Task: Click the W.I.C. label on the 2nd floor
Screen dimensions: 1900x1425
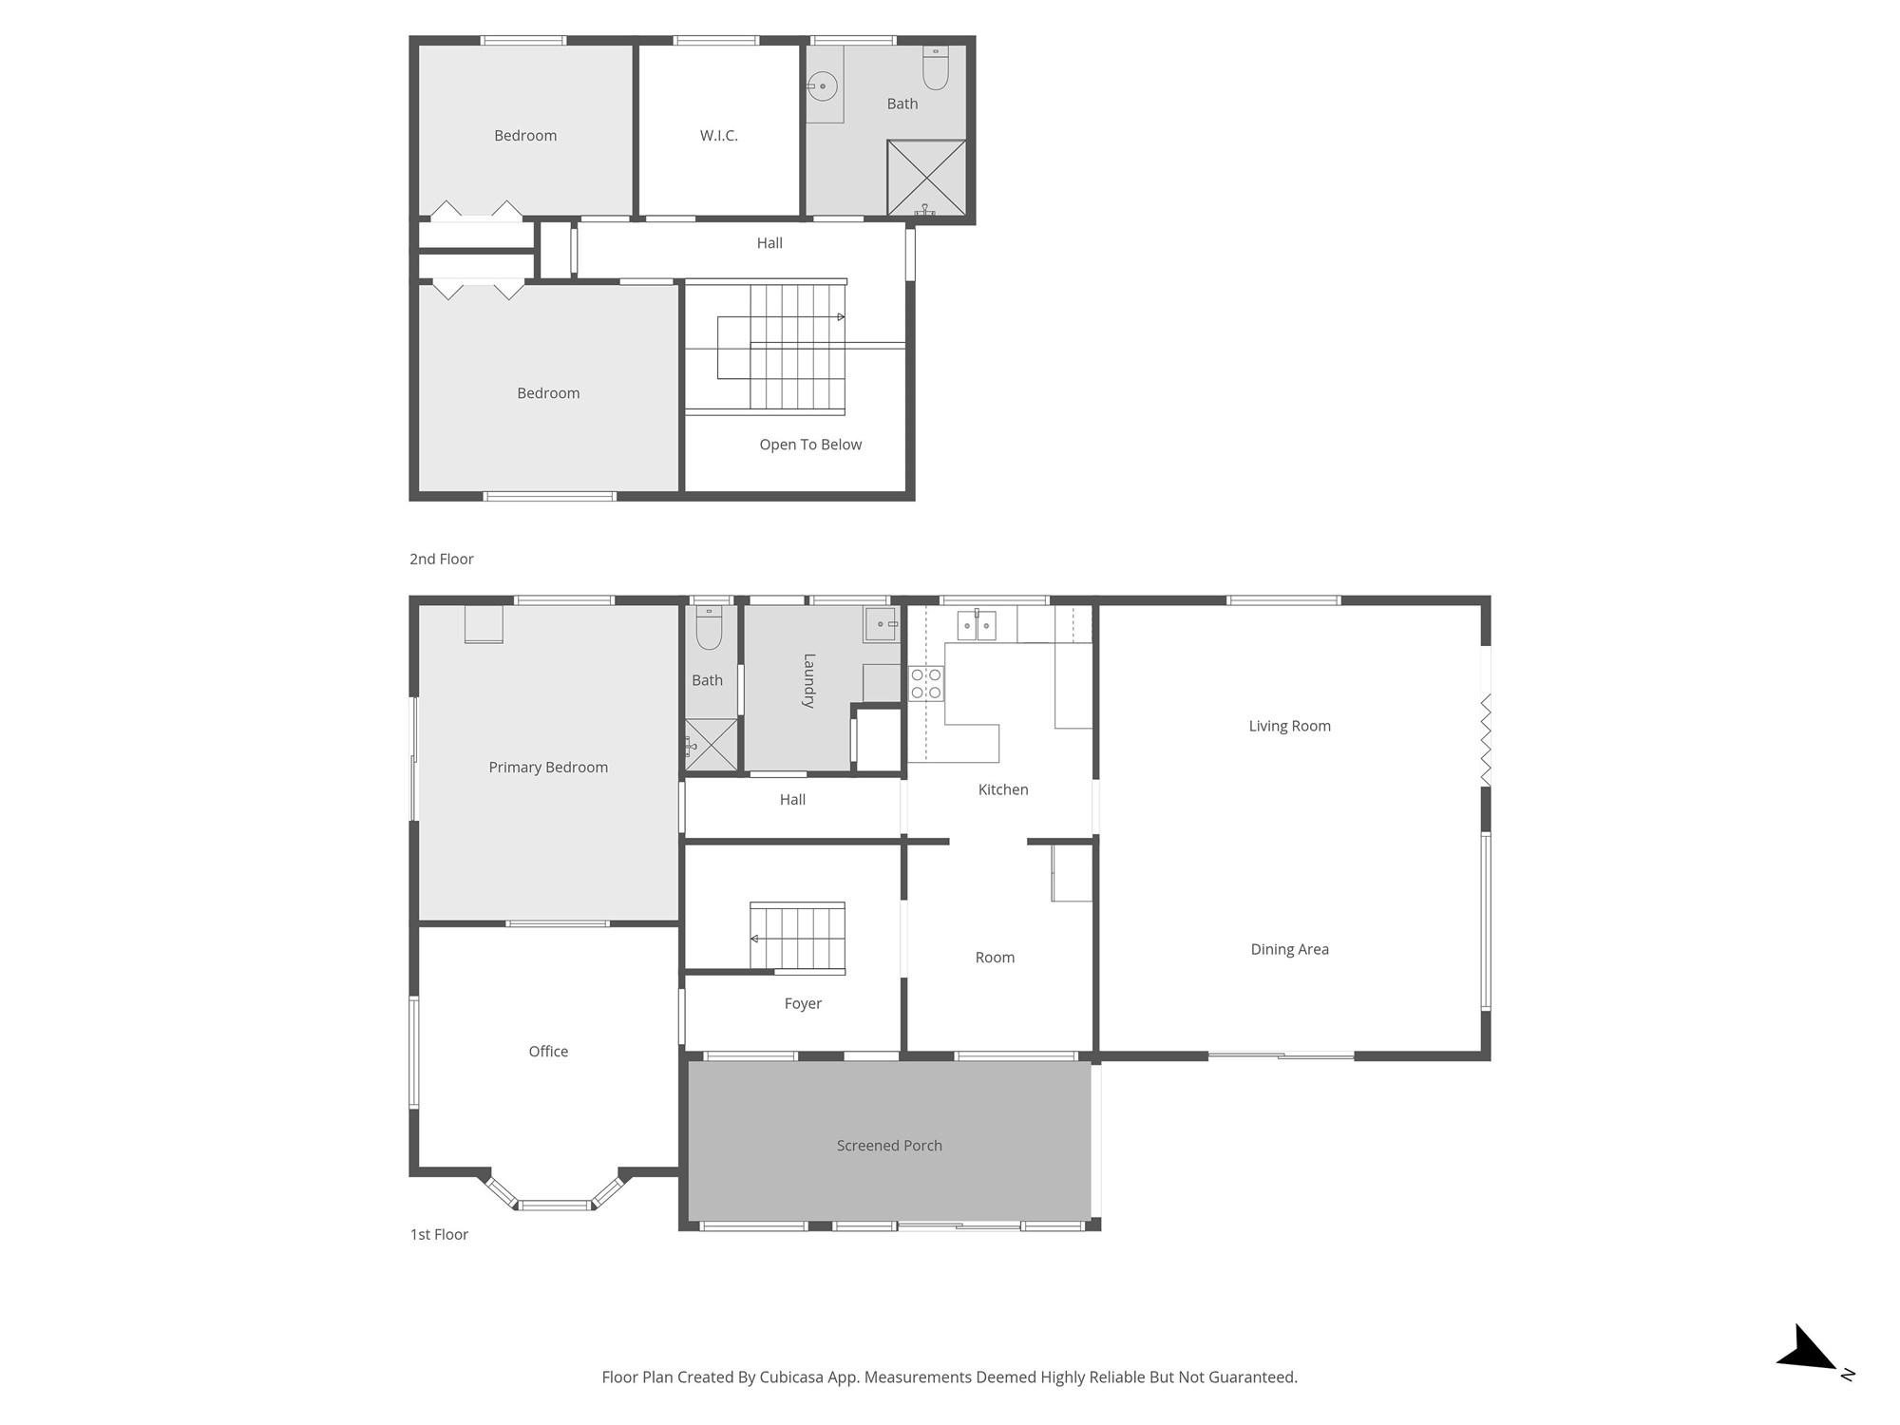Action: click(x=718, y=136)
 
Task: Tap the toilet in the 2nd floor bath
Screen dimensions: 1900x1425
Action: click(x=935, y=67)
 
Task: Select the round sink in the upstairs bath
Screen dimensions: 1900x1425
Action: click(x=823, y=87)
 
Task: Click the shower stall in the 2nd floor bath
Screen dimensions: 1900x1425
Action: click(x=926, y=178)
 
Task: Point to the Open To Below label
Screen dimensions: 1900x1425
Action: click(x=810, y=445)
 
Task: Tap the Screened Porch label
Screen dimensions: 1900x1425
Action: click(x=889, y=1146)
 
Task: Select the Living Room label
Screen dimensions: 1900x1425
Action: click(x=1289, y=727)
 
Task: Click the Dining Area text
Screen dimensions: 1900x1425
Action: click(x=1289, y=950)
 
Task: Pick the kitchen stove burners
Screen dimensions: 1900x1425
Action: click(x=926, y=684)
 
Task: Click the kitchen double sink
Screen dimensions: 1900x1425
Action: click(x=977, y=625)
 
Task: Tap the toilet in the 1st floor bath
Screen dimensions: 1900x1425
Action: click(x=709, y=627)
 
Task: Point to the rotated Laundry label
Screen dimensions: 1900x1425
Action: click(x=809, y=680)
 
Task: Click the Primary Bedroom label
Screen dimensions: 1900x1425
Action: click(x=548, y=768)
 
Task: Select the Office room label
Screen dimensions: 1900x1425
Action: click(x=548, y=1052)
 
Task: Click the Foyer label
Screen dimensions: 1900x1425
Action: click(x=803, y=1004)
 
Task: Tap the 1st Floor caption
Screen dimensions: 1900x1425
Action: click(x=439, y=1235)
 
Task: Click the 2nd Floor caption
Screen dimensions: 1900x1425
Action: click(x=441, y=560)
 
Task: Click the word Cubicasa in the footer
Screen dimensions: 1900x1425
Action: click(x=791, y=1377)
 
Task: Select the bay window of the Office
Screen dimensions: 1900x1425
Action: click(x=556, y=1205)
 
